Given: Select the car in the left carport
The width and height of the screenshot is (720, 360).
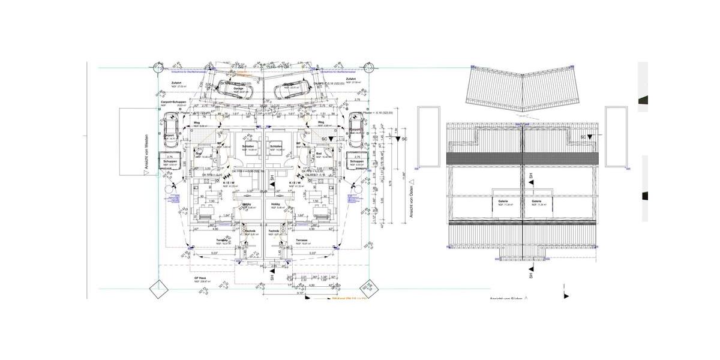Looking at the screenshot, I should coord(170,132).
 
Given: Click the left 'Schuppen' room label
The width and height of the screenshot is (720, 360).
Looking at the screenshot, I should coord(169,161).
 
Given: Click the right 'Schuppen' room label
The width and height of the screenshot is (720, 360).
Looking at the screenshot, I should coord(357,161).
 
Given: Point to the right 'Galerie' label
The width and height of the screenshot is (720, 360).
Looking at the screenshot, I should coord(536,201).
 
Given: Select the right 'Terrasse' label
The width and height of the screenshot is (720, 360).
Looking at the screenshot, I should coord(302,241).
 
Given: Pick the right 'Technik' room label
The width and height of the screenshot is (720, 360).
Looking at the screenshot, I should coord(274,231).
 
